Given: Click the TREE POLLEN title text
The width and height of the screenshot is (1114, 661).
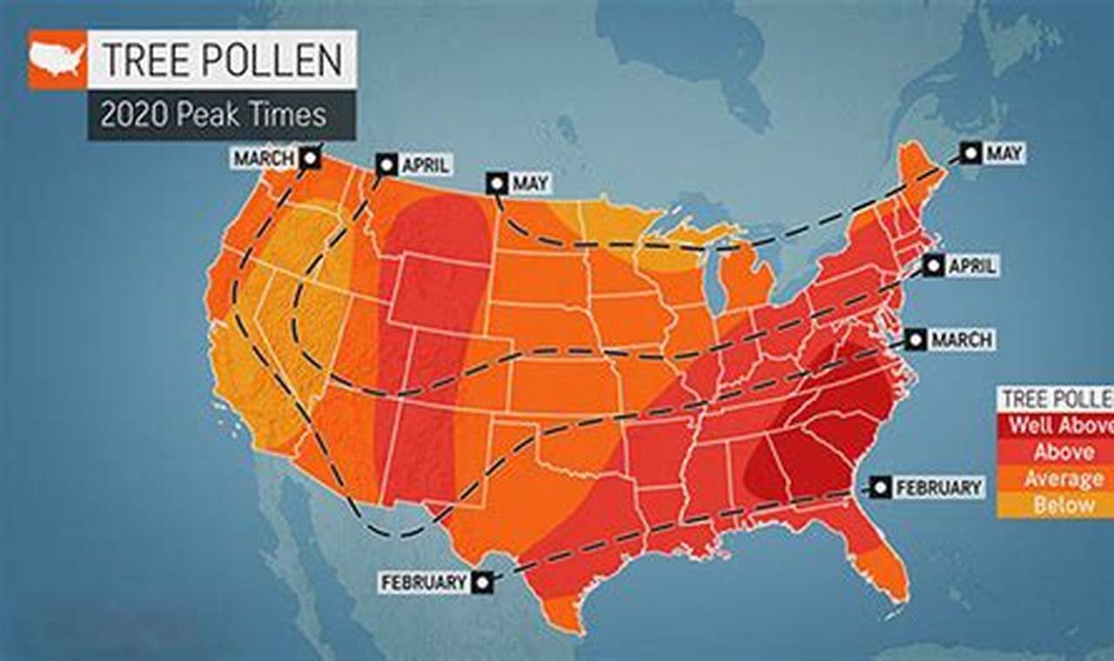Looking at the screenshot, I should click(222, 59).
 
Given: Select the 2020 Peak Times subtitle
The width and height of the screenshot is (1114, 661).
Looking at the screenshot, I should click(213, 115).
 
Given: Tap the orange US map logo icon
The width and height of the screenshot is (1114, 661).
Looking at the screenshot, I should click(58, 59).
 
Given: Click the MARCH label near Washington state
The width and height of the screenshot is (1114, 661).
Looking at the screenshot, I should click(263, 159).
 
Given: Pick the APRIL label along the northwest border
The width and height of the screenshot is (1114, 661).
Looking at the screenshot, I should click(424, 165).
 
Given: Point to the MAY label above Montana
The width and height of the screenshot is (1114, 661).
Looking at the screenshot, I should click(529, 184).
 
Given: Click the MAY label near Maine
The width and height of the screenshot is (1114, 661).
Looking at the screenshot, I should click(1003, 154).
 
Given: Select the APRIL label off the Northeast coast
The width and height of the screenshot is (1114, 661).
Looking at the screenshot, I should click(971, 266).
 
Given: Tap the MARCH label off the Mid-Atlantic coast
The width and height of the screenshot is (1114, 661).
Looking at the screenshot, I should click(962, 339).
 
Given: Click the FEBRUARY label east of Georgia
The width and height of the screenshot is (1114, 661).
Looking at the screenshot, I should click(938, 488).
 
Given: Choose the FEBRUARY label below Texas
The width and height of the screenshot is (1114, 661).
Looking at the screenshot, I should click(424, 582).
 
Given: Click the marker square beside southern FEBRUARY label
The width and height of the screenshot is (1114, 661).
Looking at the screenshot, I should click(482, 582).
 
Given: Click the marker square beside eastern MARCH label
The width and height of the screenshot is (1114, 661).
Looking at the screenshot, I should click(915, 339).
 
